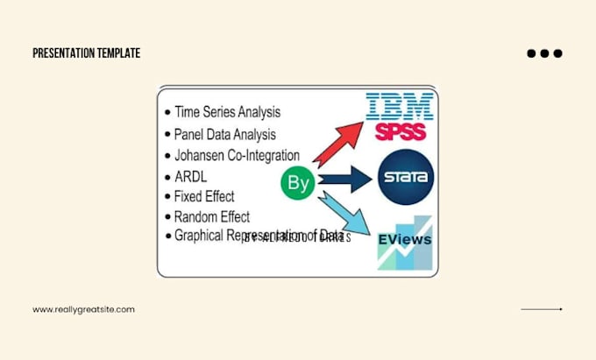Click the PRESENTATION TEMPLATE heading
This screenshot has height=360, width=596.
(x=86, y=53)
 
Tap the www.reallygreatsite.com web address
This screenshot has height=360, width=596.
(x=83, y=309)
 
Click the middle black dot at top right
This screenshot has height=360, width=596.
(x=544, y=53)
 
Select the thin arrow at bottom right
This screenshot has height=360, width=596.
(x=541, y=309)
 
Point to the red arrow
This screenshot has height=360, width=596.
(x=337, y=143)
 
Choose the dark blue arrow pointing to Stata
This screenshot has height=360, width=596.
(x=346, y=180)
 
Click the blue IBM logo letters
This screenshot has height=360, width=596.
(x=400, y=108)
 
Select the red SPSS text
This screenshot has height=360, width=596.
(x=401, y=132)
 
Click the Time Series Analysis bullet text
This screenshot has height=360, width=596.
(x=228, y=112)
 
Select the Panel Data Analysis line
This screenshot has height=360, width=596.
(x=224, y=134)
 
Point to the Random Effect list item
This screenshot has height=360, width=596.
(x=212, y=216)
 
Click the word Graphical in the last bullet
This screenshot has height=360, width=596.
(x=200, y=236)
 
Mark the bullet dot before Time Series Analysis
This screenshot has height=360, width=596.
(x=167, y=113)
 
